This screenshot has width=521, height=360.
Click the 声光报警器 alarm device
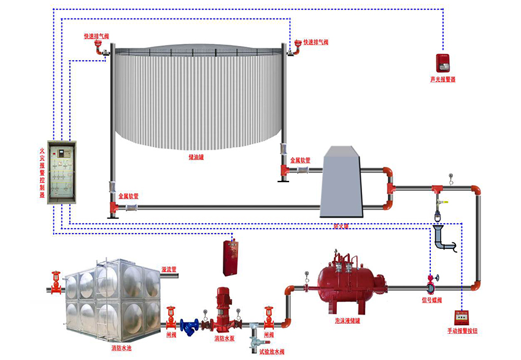click(441, 62)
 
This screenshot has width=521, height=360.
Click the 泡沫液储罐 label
click(348, 321)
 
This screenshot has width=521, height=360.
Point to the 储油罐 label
click(196, 157)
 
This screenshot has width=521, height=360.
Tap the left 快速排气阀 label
click(96, 36)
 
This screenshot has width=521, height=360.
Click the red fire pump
click(222, 309)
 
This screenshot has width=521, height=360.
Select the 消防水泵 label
click(225, 338)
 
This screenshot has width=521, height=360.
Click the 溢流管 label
click(169, 269)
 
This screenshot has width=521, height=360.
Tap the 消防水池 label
click(121, 348)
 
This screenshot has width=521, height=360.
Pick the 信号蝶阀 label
click(432, 300)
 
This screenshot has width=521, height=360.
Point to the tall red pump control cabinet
click(231, 257)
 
